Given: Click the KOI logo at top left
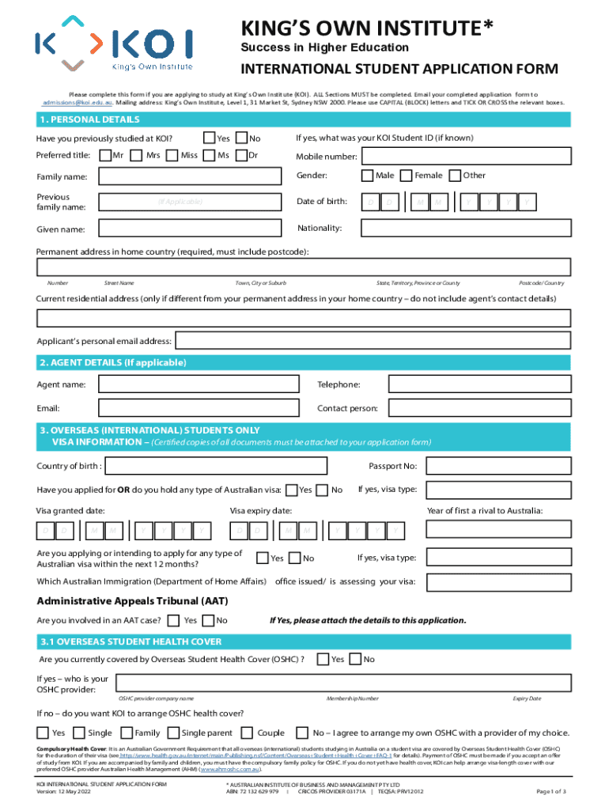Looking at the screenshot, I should click(113, 43).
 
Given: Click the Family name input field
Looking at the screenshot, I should click(190, 176).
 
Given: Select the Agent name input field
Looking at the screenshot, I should click(199, 384).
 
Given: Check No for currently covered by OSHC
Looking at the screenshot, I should click(355, 659).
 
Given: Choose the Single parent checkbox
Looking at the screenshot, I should click(170, 732).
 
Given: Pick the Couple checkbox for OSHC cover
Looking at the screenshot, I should click(246, 732).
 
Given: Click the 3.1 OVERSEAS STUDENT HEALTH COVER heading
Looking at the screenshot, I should click(130, 642).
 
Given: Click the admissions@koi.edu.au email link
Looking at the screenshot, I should click(78, 102).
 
